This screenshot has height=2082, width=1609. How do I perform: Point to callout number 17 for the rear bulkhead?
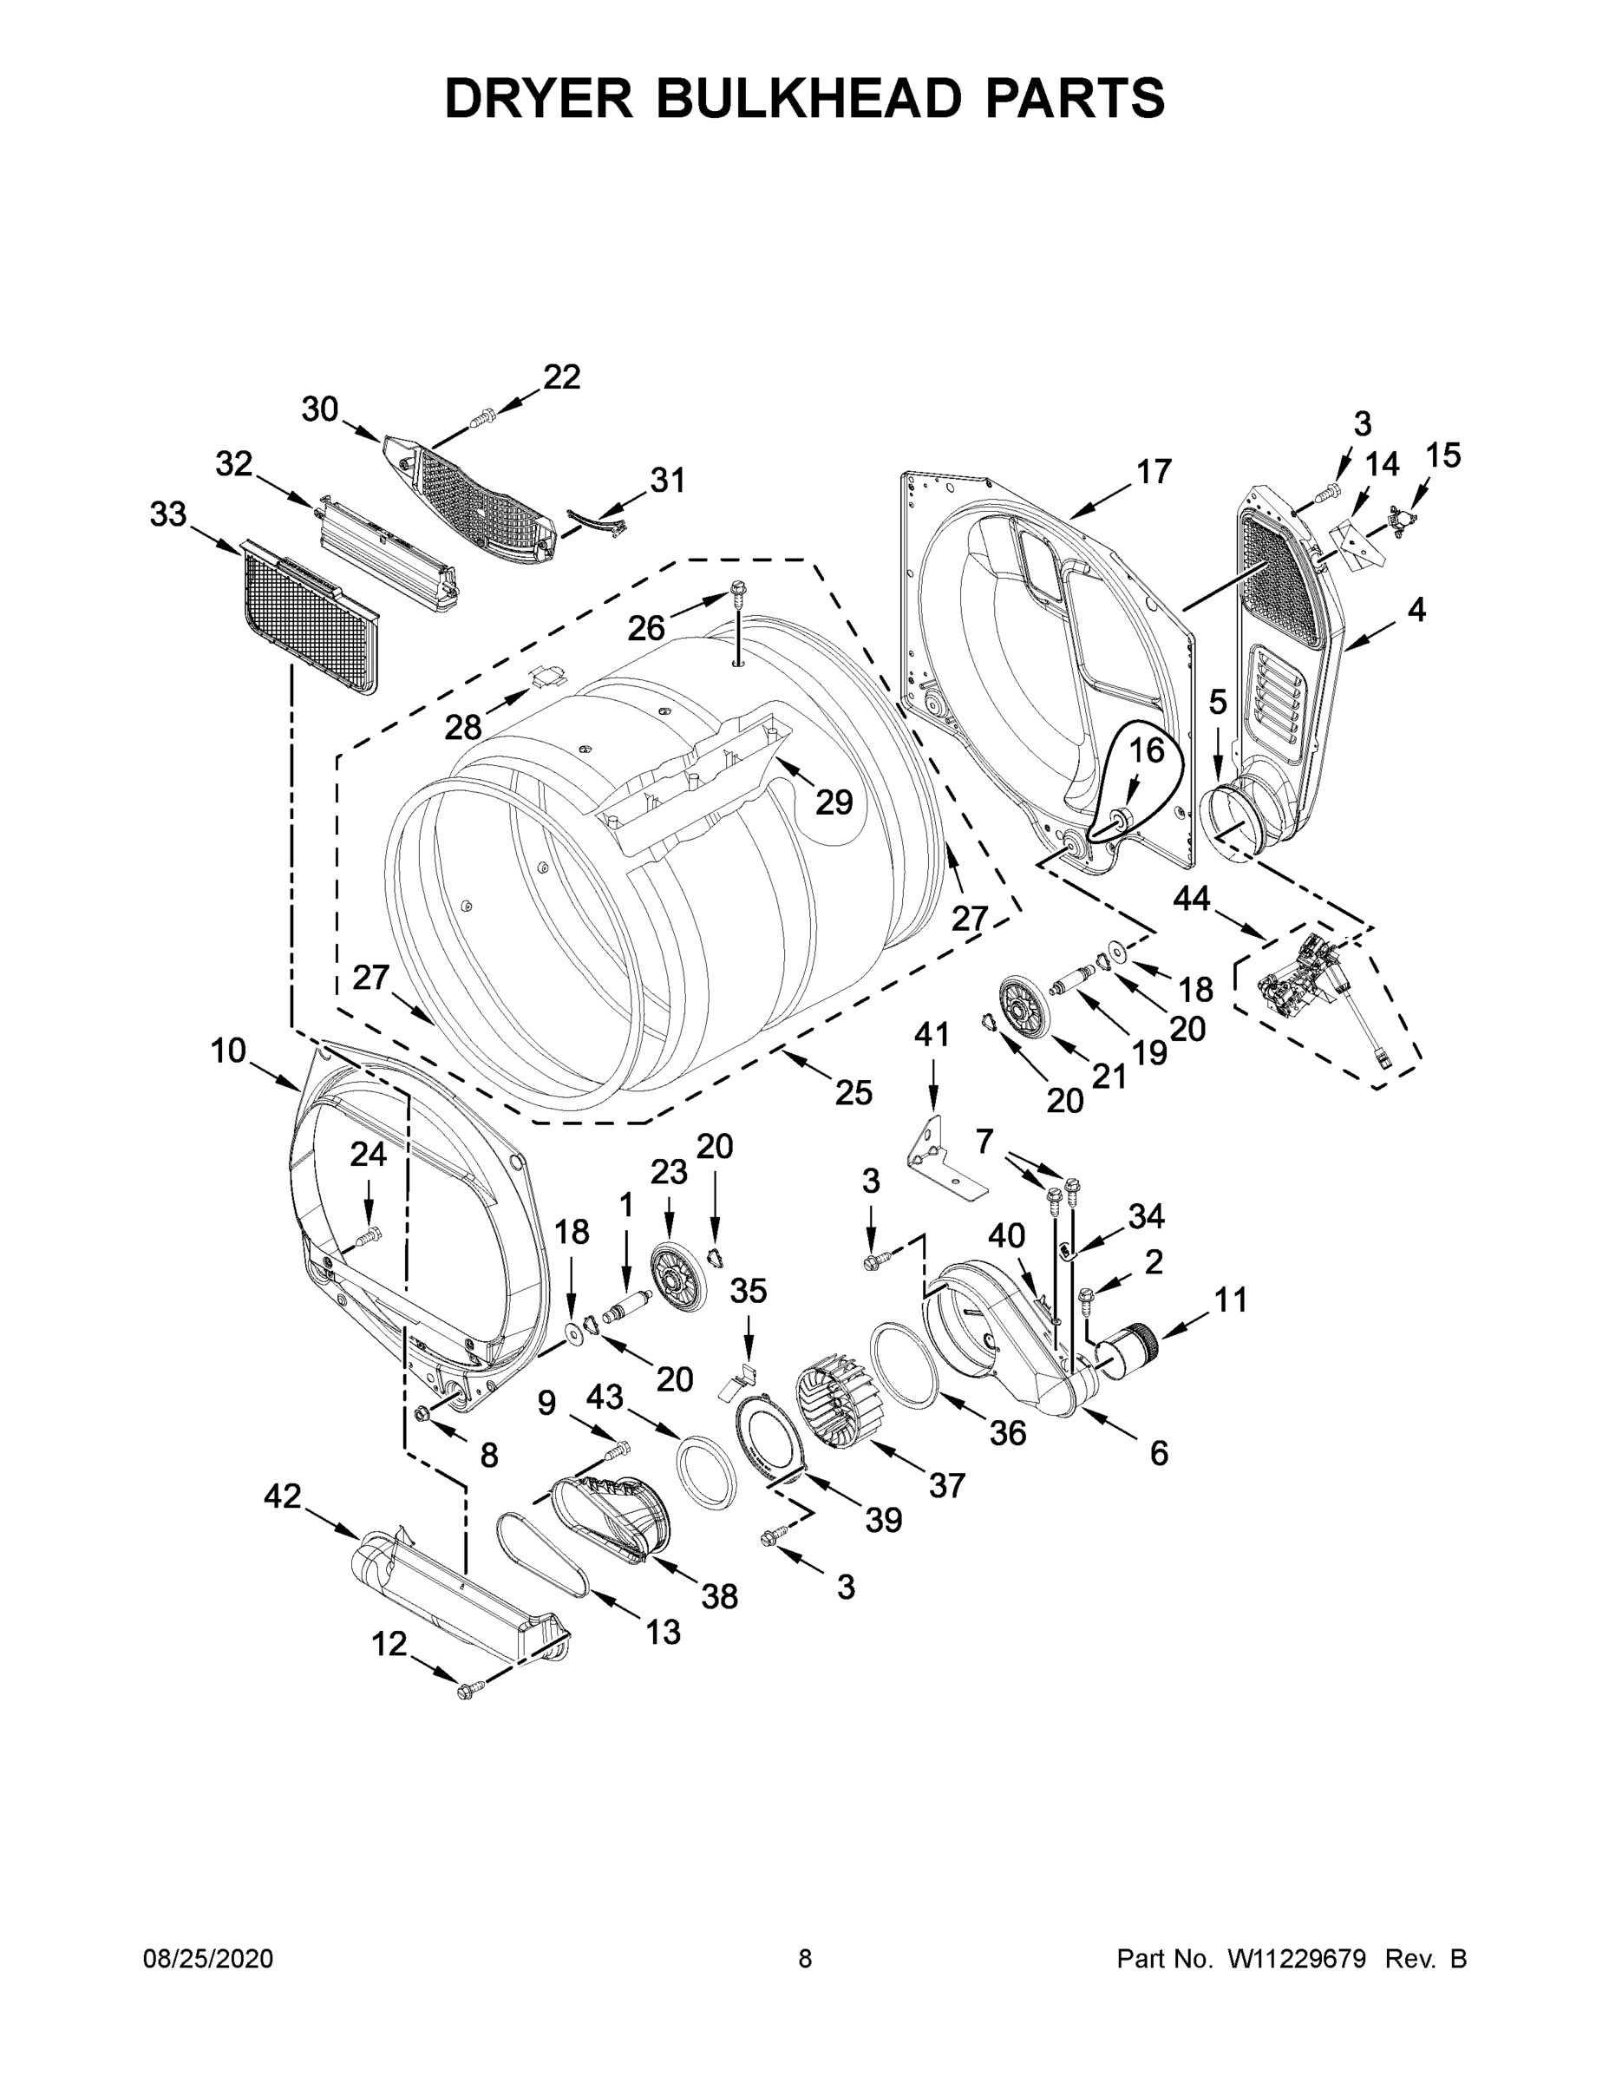[1154, 471]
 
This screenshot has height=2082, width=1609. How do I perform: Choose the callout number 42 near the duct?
[282, 1496]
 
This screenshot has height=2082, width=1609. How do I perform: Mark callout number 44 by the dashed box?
[1192, 898]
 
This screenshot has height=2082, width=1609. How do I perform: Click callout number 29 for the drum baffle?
[833, 802]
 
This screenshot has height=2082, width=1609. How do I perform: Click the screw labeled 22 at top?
[483, 416]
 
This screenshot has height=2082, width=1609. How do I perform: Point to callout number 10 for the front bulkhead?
[229, 1051]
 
